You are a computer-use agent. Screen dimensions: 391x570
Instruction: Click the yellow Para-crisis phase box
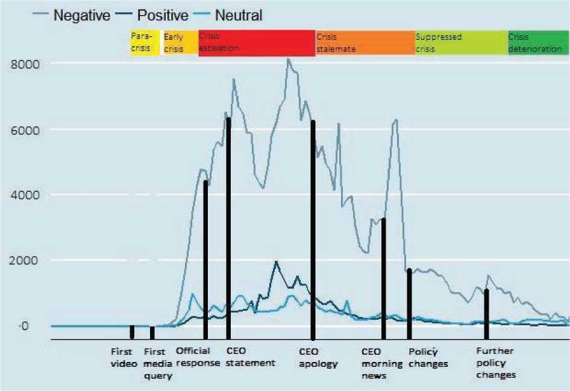[144, 43]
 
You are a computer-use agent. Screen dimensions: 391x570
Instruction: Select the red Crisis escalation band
[256, 43]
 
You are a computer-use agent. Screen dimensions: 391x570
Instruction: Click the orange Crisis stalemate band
[364, 43]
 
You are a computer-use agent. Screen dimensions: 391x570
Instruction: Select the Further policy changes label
[496, 363]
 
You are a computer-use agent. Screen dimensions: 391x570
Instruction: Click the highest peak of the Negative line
[288, 59]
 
